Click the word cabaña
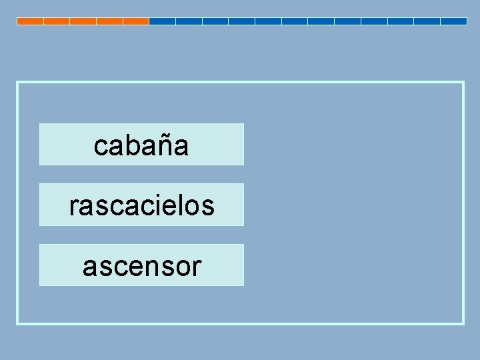click(x=141, y=145)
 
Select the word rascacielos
click(x=141, y=205)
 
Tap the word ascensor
click(x=141, y=266)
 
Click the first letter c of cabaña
click(x=101, y=145)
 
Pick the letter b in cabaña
click(x=131, y=145)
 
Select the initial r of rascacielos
click(x=73, y=206)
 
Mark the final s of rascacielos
click(x=209, y=206)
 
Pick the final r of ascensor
click(x=195, y=267)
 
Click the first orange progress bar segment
click(x=30, y=21)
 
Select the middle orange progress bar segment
click(x=83, y=21)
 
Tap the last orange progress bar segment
click(x=136, y=21)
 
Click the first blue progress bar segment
click(x=162, y=21)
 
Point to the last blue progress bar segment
click(x=453, y=21)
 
